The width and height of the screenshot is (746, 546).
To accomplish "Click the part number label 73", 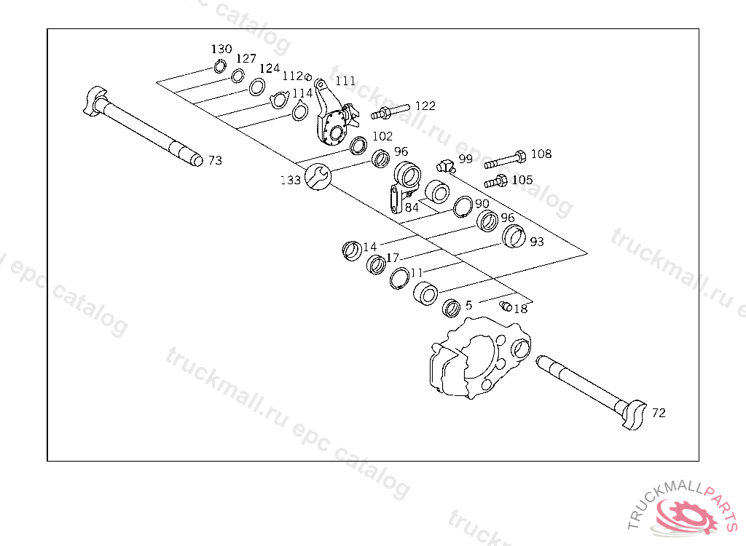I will point(215,160).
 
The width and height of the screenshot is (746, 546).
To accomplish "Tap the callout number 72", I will point(659,413).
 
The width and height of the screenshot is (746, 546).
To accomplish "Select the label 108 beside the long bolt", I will point(541,154).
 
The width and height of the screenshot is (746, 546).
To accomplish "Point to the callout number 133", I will point(291,180).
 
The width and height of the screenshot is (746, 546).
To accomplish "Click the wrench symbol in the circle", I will point(318,176).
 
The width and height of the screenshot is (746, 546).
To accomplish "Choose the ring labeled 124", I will point(256,87).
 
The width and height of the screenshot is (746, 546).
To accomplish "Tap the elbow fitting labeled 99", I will point(444,163).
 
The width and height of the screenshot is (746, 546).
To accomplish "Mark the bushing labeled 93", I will point(515,236).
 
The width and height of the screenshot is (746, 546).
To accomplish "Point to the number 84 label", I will point(412,207).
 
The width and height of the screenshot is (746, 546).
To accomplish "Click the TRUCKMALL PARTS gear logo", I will point(683,513).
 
